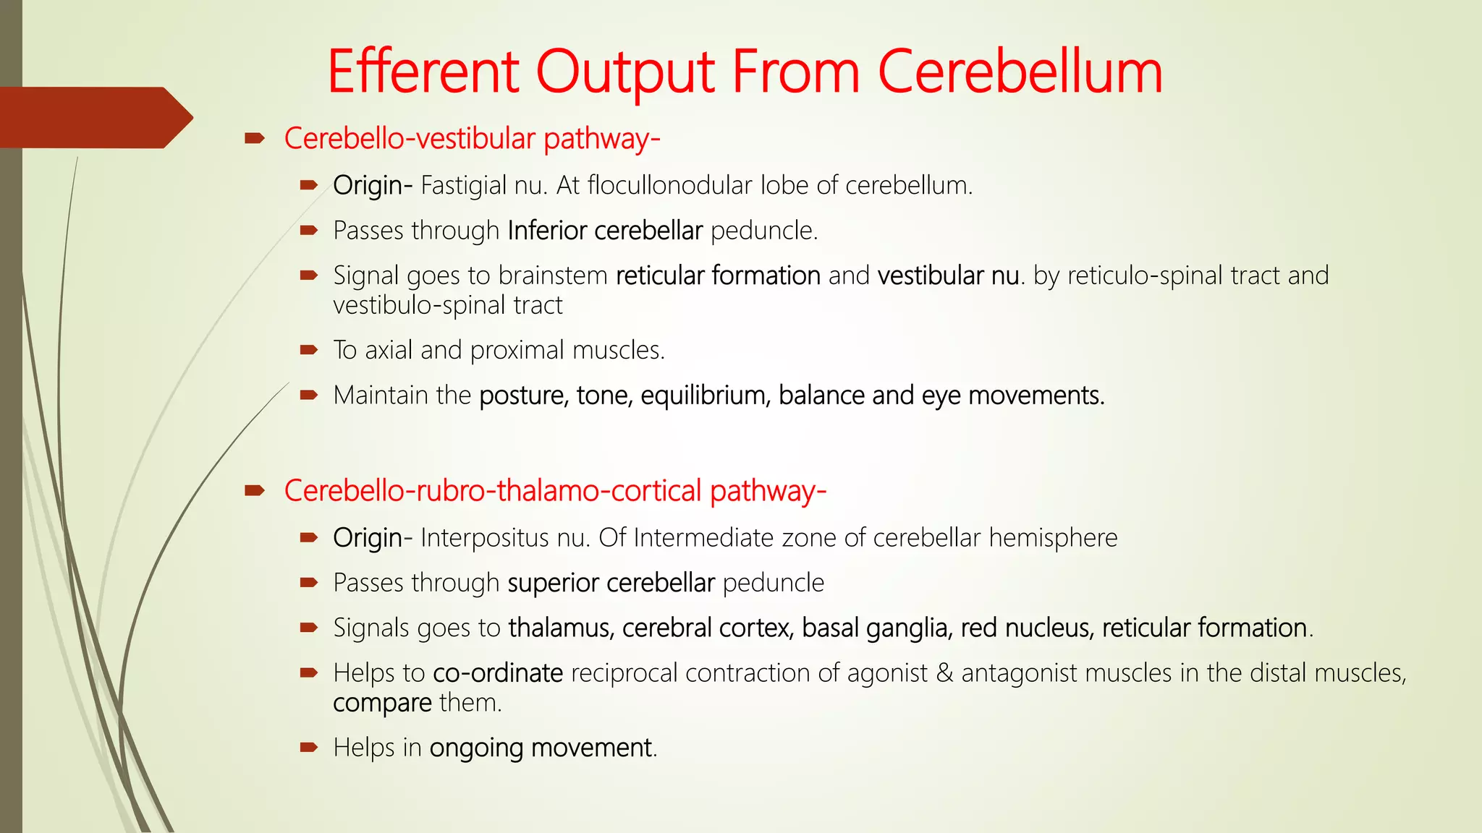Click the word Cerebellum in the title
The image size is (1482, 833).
[1020, 72]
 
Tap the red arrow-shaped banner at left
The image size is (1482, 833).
[94, 118]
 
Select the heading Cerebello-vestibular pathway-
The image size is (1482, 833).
[472, 139]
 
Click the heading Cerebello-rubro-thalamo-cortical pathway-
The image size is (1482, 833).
[555, 491]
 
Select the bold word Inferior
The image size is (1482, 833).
[547, 231]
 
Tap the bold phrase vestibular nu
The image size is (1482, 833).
[949, 275]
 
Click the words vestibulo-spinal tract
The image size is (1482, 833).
[447, 306]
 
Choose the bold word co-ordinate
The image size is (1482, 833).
[498, 673]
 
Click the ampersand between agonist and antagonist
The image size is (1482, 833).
[944, 673]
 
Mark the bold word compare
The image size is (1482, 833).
[382, 703]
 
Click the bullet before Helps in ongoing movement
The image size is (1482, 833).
[309, 747]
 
